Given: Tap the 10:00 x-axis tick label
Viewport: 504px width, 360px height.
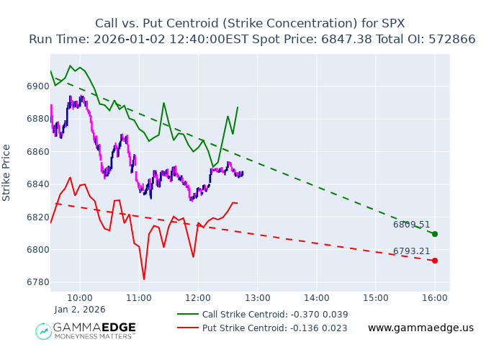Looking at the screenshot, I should [79, 297].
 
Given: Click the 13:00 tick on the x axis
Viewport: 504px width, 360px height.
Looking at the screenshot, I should [257, 297].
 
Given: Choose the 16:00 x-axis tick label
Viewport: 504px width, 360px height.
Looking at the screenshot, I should [434, 297].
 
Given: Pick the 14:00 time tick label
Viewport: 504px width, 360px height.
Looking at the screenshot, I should [316, 297].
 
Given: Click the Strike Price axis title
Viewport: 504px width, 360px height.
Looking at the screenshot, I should [7, 173].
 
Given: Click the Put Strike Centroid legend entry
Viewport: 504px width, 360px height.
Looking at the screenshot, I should [274, 328].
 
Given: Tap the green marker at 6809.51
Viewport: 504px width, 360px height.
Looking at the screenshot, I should [435, 234].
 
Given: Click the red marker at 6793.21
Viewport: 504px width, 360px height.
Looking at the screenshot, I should [435, 261].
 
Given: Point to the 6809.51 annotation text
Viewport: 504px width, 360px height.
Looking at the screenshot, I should [411, 225].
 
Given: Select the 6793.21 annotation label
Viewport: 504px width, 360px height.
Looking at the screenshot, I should [411, 251].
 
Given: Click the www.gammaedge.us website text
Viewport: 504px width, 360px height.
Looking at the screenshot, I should [420, 328].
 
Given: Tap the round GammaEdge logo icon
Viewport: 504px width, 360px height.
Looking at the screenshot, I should [44, 331].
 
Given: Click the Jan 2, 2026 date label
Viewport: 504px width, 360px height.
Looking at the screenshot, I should [80, 310].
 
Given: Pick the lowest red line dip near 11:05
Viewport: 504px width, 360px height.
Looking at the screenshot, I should [144, 279].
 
